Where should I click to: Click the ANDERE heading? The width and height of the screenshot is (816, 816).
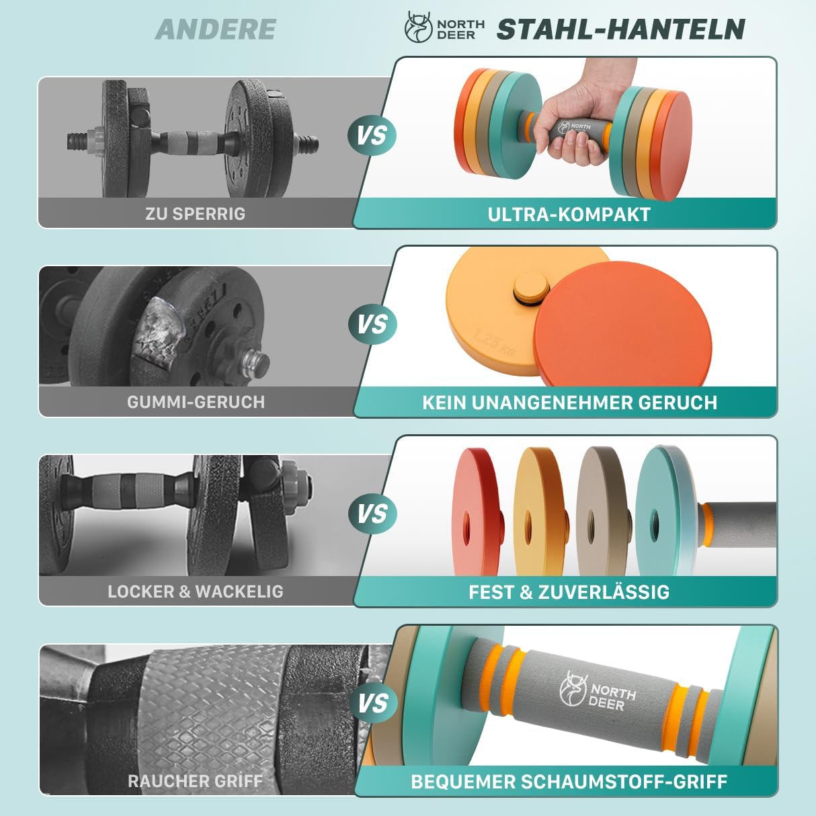(216, 29)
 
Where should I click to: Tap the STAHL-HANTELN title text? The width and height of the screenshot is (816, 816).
(621, 29)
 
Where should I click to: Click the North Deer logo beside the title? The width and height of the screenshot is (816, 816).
(444, 27)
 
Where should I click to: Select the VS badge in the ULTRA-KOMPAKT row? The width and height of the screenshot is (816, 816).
(372, 135)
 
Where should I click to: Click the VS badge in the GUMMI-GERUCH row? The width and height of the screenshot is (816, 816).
(372, 324)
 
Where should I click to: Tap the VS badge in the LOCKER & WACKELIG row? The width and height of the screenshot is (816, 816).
(372, 514)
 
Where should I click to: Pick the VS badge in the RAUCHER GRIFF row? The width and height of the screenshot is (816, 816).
(372, 703)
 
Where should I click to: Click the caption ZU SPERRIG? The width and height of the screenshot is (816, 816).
(195, 214)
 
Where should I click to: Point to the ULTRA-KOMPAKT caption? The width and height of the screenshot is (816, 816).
(569, 214)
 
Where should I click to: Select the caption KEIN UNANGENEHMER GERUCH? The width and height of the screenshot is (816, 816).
(569, 403)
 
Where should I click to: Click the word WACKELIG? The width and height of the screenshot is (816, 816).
(239, 591)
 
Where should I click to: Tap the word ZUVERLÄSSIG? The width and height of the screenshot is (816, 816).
(604, 591)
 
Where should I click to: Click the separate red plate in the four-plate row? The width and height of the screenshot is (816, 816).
(477, 512)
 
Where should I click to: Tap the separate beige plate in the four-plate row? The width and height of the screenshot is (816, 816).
(604, 512)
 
